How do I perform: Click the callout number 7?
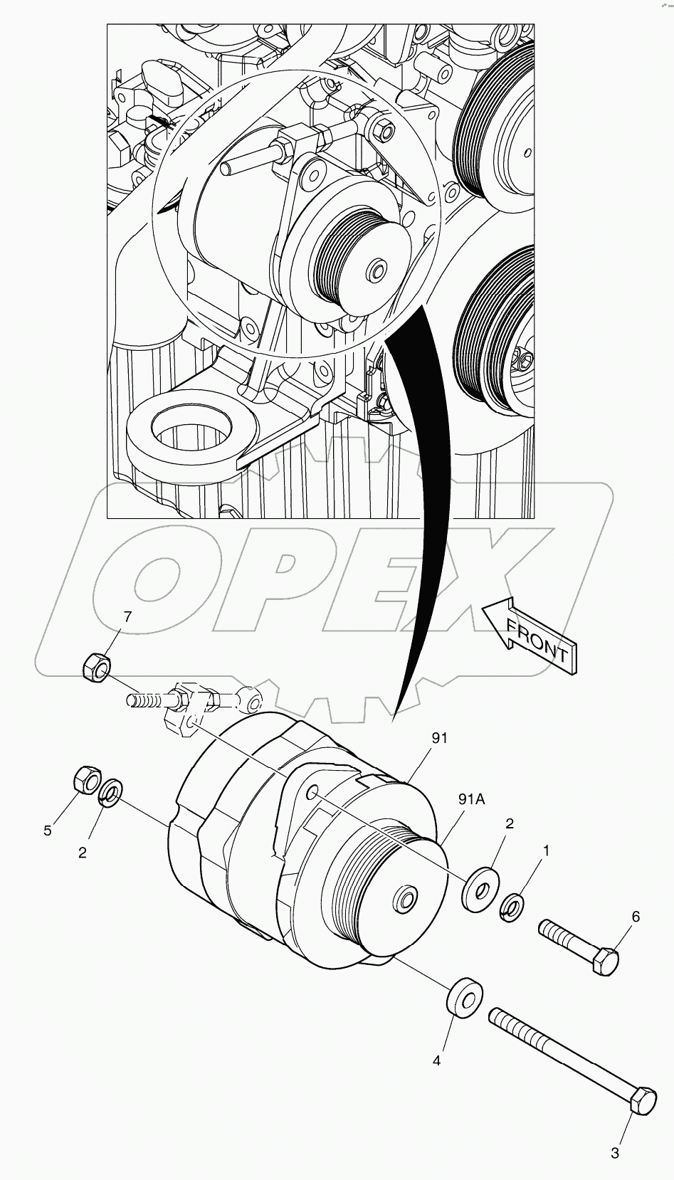pyautogui.click(x=128, y=617)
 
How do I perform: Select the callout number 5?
pyautogui.click(x=48, y=831)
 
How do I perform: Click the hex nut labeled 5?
pyautogui.click(x=84, y=781)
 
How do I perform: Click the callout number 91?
pyautogui.click(x=440, y=738)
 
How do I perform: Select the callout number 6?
pyautogui.click(x=636, y=917)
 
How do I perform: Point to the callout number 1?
pyautogui.click(x=547, y=850)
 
